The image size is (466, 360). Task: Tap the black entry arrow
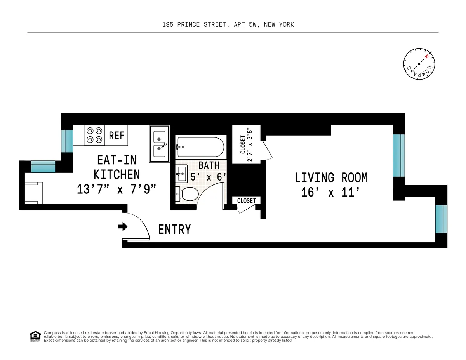pyautogui.click(x=123, y=226)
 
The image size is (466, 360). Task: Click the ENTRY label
pyautogui.click(x=174, y=230)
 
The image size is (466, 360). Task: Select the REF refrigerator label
pyautogui.click(x=116, y=135)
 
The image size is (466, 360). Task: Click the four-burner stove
pyautogui.click(x=94, y=135)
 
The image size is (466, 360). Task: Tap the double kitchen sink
pyautogui.click(x=159, y=143)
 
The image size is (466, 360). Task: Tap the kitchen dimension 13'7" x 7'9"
pyautogui.click(x=116, y=190)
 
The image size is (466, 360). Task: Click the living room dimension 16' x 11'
pyautogui.click(x=331, y=192)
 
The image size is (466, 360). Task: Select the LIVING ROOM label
pyautogui.click(x=331, y=178)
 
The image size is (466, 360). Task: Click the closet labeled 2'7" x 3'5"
pyautogui.click(x=246, y=144)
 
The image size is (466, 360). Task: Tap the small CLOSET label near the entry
pyautogui.click(x=246, y=200)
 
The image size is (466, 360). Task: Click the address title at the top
pyautogui.click(x=228, y=24)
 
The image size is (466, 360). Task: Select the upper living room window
pyautogui.click(x=398, y=155)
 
